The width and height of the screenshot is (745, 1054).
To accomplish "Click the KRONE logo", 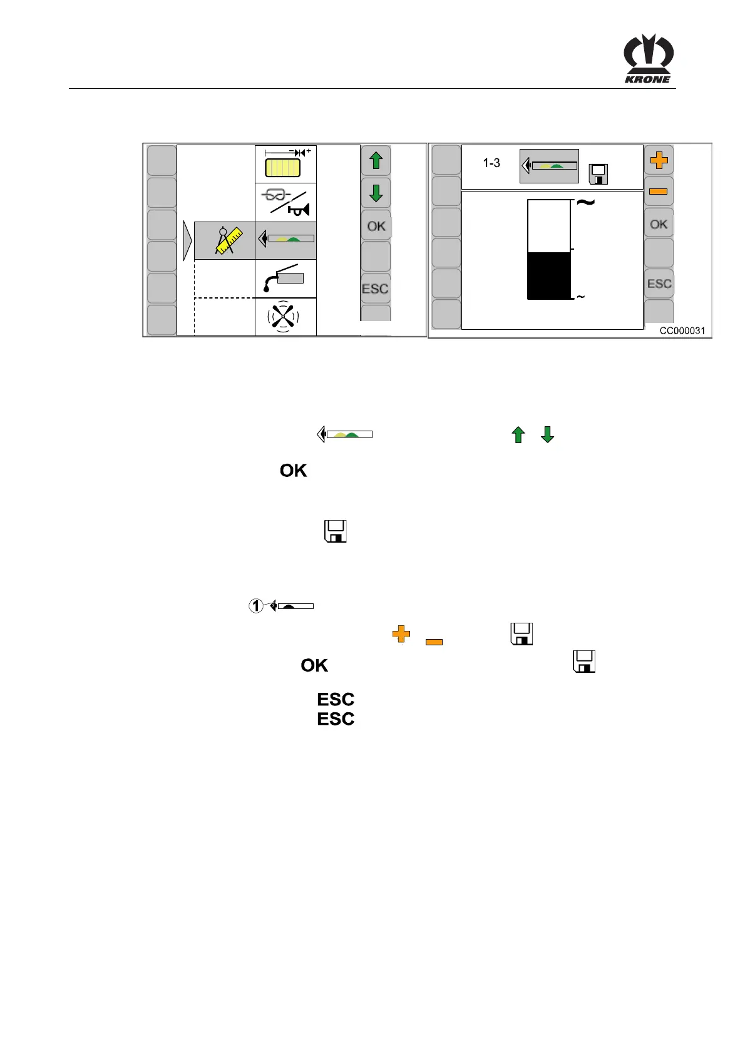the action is click(648, 59).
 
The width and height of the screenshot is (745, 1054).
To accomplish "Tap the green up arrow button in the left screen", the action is click(376, 161).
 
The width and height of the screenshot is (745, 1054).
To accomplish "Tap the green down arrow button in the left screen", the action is click(376, 193).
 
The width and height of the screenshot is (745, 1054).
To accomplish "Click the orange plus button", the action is click(659, 160).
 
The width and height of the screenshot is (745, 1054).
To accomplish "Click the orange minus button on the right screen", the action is click(659, 192).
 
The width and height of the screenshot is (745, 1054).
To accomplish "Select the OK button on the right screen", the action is click(659, 224).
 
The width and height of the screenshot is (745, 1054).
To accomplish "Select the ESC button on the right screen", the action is click(659, 284).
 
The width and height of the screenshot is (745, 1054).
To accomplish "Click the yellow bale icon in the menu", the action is click(283, 168).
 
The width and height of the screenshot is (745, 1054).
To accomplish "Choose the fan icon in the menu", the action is click(284, 317).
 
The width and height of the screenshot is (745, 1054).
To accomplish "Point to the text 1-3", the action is click(491, 163).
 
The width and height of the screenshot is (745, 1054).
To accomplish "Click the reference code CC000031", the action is click(682, 331).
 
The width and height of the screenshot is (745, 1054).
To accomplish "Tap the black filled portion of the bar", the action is click(549, 276).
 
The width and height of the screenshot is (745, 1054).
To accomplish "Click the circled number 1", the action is click(256, 606).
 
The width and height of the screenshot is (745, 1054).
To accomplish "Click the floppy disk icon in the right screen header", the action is click(599, 174).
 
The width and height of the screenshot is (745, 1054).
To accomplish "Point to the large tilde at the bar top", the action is click(585, 203).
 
